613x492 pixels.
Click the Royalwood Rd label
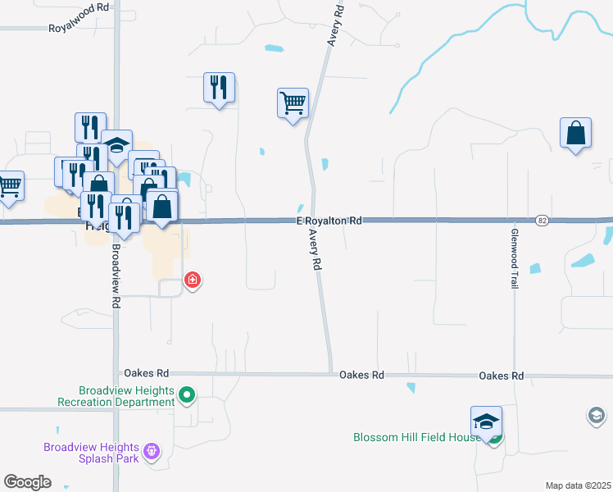(x=79, y=28)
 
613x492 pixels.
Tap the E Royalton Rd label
(x=329, y=221)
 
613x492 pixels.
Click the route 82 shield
(x=543, y=221)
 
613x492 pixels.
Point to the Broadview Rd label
(x=116, y=276)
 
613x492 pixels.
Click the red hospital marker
(x=193, y=281)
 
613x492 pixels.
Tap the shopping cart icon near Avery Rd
(x=293, y=104)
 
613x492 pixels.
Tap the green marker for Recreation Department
(x=187, y=396)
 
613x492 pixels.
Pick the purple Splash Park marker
(x=151, y=451)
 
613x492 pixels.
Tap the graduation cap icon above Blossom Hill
(x=487, y=422)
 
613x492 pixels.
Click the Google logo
(x=27, y=482)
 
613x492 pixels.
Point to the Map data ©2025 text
(x=579, y=485)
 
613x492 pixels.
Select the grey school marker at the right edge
(x=596, y=417)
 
